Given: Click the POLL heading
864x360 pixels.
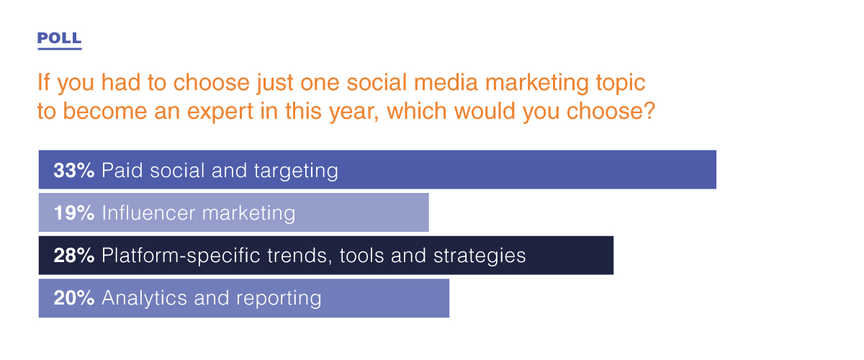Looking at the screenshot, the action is pyautogui.click(x=59, y=38).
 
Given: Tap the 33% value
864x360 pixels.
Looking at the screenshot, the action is pyautogui.click(x=74, y=170).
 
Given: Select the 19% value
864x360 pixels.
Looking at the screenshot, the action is pyautogui.click(x=74, y=212).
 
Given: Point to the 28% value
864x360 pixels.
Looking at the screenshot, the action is pyautogui.click(x=74, y=255).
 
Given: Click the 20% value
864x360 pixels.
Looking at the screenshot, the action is pyautogui.click(x=74, y=298).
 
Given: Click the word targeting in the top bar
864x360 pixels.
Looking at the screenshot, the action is pyautogui.click(x=296, y=171).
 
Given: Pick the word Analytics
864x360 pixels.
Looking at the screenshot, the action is pyautogui.click(x=144, y=299).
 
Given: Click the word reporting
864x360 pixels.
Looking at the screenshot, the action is pyautogui.click(x=279, y=299).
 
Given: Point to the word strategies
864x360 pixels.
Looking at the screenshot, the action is pyautogui.click(x=480, y=256).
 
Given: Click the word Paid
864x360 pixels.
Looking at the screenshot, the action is pyautogui.click(x=122, y=170).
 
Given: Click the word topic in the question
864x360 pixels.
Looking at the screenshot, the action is pyautogui.click(x=621, y=84).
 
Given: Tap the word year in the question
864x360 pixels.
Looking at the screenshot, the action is pyautogui.click(x=354, y=112).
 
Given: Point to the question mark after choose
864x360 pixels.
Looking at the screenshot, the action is pyautogui.click(x=649, y=110).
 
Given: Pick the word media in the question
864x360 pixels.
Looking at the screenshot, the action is pyautogui.click(x=446, y=82).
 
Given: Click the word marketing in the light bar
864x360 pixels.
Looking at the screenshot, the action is pyautogui.click(x=249, y=214).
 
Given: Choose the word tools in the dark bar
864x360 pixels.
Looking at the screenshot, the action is pyautogui.click(x=361, y=256).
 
